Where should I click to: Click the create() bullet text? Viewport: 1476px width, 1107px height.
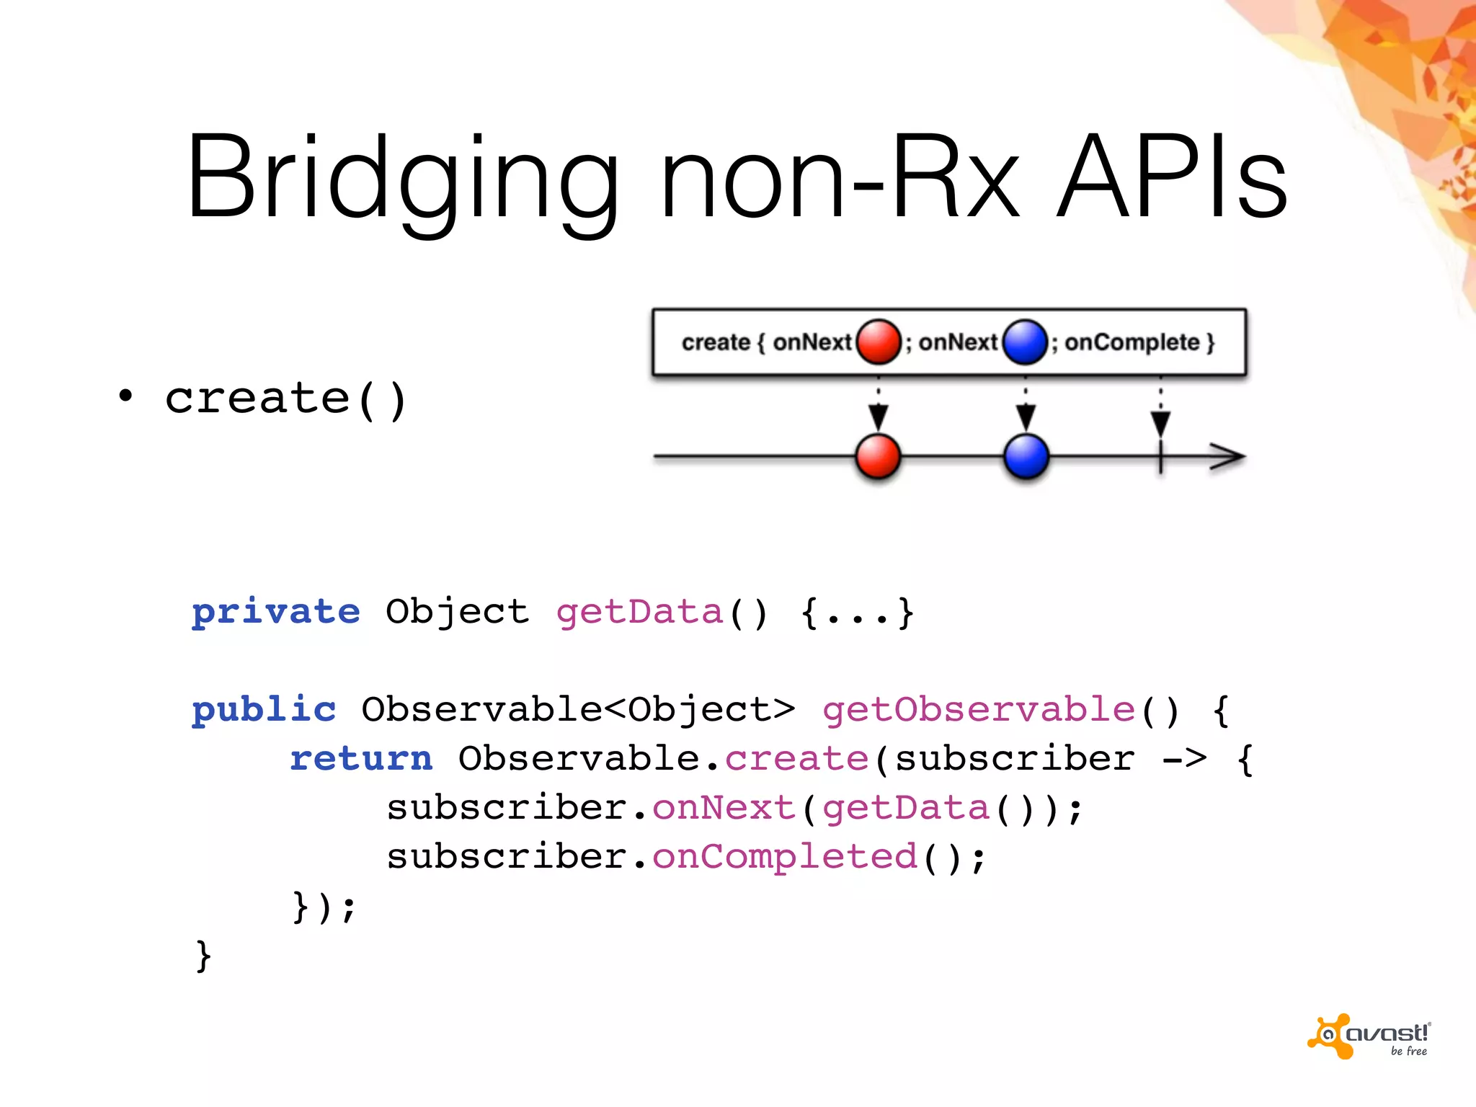pyautogui.click(x=285, y=399)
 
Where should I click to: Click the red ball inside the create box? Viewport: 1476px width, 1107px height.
pyautogui.click(x=879, y=342)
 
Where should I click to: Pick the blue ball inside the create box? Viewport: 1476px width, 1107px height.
pyautogui.click(x=1024, y=342)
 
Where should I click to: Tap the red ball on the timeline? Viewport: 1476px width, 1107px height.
pyautogui.click(x=878, y=456)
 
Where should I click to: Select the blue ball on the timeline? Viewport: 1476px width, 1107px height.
pyautogui.click(x=1026, y=456)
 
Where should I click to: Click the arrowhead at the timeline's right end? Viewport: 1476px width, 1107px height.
pyautogui.click(x=1228, y=456)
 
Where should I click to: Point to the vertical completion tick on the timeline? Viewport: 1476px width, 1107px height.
pyautogui.click(x=1160, y=457)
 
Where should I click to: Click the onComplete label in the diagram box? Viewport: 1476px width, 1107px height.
pyautogui.click(x=1132, y=342)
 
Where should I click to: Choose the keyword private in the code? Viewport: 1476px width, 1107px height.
pyautogui.click(x=276, y=613)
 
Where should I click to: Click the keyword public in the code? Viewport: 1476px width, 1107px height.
pyautogui.click(x=264, y=710)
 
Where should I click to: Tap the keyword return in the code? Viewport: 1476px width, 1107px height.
pyautogui.click(x=361, y=759)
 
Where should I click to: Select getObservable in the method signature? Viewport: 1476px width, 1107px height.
pyautogui.click(x=979, y=710)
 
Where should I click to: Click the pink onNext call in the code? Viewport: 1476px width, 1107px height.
pyautogui.click(x=723, y=808)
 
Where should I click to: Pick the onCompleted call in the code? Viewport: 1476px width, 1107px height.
pyautogui.click(x=784, y=857)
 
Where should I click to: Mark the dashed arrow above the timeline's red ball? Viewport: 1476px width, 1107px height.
pyautogui.click(x=878, y=407)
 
